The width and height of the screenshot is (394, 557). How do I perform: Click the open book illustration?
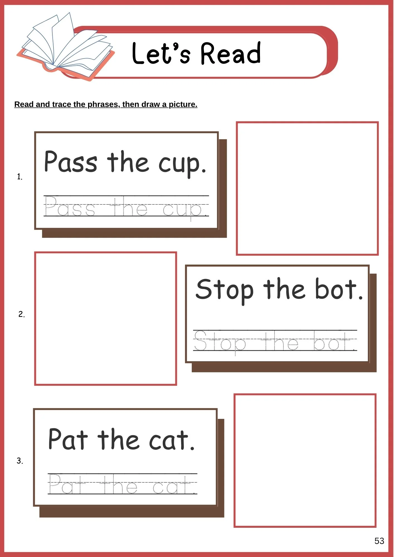click(x=66, y=47)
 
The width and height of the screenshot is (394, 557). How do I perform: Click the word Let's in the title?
click(x=161, y=53)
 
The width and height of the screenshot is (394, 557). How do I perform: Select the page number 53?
click(x=379, y=541)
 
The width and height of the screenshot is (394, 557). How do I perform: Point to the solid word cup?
click(x=183, y=164)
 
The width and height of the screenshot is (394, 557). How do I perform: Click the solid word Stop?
click(x=225, y=290)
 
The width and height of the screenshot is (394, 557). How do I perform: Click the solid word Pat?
click(x=68, y=439)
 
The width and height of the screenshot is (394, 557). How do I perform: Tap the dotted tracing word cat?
click(x=175, y=485)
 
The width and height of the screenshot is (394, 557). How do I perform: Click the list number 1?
click(x=20, y=177)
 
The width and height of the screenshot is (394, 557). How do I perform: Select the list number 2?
click(x=21, y=314)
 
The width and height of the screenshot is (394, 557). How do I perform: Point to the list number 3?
click(x=20, y=461)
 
